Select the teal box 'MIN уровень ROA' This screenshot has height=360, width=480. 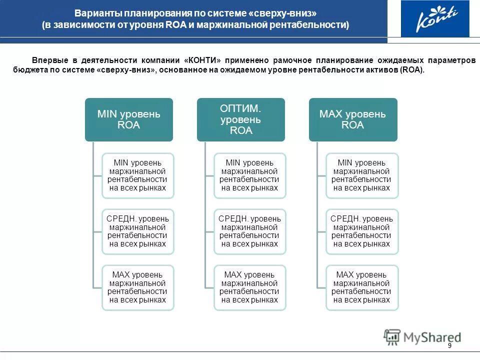(128, 119)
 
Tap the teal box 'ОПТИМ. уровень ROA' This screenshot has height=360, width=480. (240, 119)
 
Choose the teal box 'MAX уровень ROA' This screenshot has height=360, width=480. (352, 119)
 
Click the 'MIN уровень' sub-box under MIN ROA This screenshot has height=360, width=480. (138, 175)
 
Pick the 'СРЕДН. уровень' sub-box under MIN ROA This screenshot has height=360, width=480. (138, 231)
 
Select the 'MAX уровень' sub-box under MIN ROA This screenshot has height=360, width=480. (138, 287)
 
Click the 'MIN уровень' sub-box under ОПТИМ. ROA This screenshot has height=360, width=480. (250, 175)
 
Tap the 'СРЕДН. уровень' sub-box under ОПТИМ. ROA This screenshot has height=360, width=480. (250, 231)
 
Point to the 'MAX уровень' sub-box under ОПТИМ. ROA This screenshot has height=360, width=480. (250, 287)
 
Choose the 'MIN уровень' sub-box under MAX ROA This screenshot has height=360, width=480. (362, 175)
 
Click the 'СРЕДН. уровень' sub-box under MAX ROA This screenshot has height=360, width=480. (362, 231)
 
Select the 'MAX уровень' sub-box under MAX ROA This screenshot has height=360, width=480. (362, 287)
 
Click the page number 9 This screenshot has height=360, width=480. (449, 346)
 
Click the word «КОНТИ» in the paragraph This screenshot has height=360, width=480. (203, 60)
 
